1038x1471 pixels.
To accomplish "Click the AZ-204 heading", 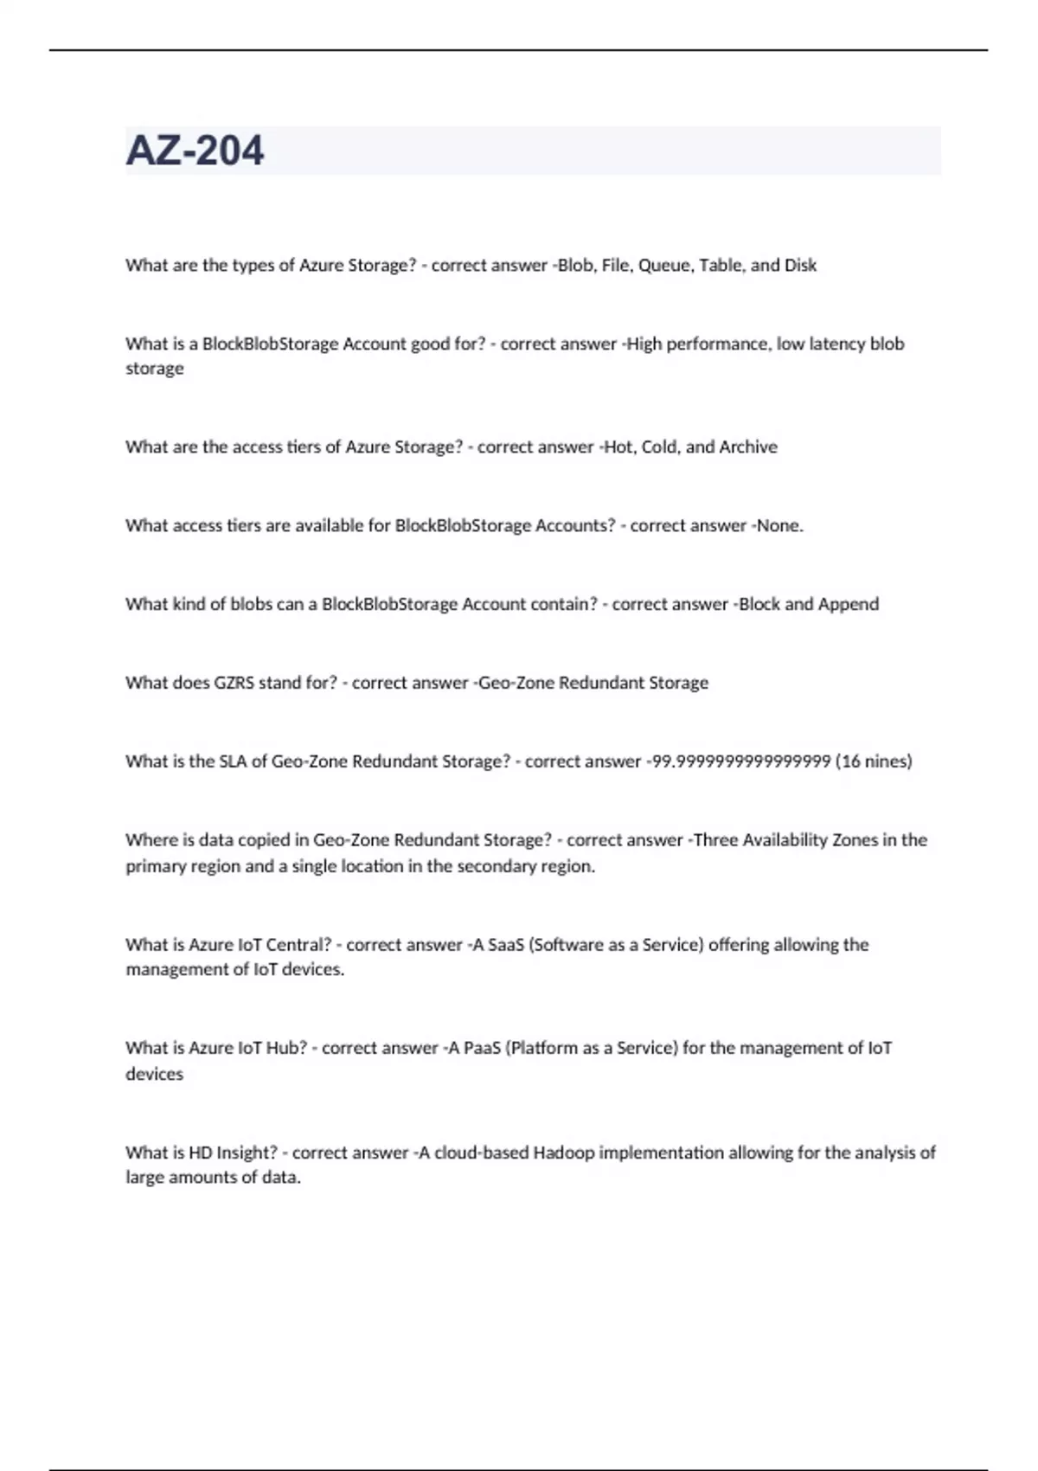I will point(195,151).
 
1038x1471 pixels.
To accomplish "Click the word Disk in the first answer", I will point(800,266).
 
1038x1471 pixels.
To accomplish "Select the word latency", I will point(835,344).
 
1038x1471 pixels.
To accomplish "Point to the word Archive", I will point(748,447).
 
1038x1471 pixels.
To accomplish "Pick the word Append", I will point(849,604).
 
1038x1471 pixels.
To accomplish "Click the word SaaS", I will point(506,945).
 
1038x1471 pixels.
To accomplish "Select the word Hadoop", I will point(564,1153).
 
